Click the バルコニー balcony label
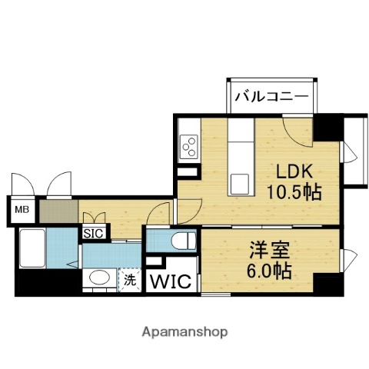tap(270, 96)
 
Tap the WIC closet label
tap(173, 281)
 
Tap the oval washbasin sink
tap(96, 278)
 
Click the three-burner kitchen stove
tap(189, 144)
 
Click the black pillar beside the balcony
tap(327, 127)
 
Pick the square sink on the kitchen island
tap(240, 182)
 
